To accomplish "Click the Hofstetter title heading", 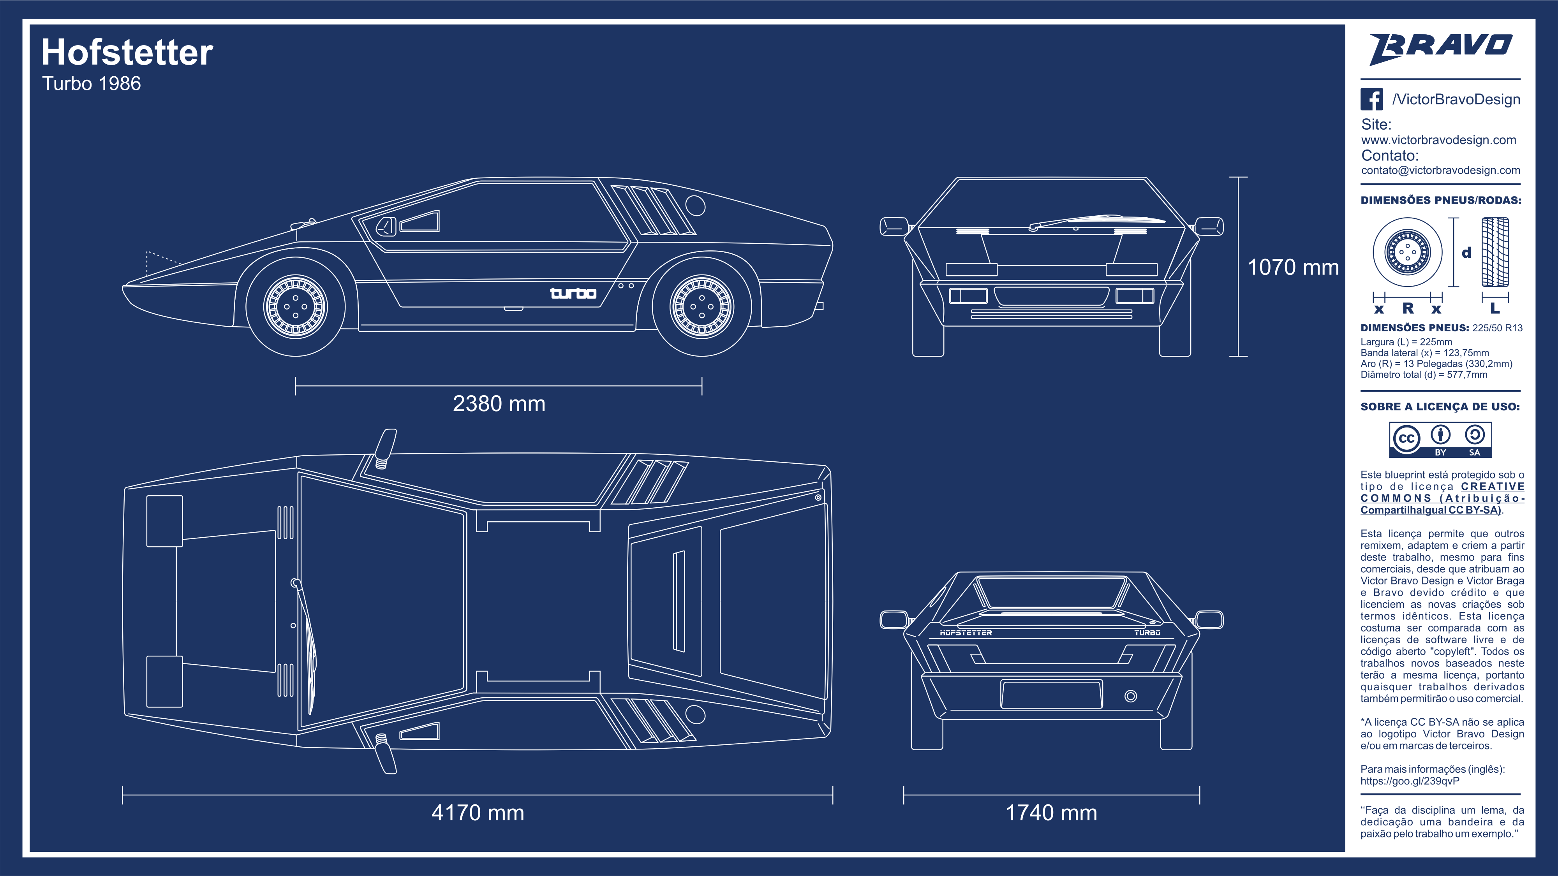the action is (127, 52).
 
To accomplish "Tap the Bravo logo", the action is (1441, 49).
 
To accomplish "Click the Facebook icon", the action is (1372, 99).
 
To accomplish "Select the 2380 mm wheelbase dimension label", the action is (499, 404).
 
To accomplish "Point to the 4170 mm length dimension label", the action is (478, 813).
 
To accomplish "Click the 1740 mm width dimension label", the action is (1051, 813).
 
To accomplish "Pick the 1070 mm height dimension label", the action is (1293, 267).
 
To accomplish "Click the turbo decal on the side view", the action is (573, 293).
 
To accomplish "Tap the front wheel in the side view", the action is (295, 306).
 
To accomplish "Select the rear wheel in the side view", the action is (701, 306).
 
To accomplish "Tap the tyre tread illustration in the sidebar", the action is (1495, 252).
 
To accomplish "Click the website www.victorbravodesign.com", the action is (1439, 140).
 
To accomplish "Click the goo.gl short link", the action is (1410, 781).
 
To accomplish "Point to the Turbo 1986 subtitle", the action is (91, 83).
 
